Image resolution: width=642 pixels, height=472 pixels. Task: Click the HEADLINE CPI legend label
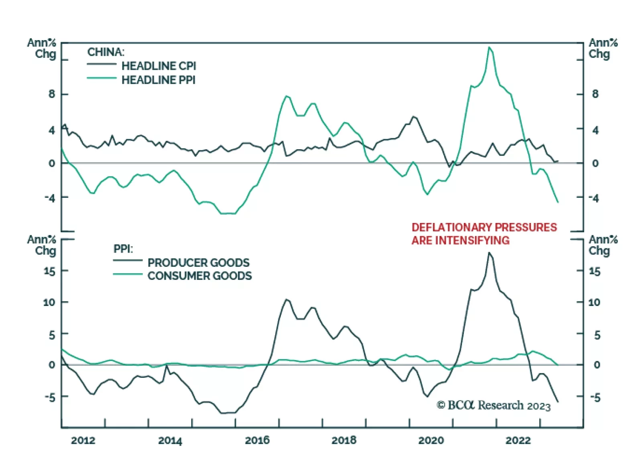point(158,66)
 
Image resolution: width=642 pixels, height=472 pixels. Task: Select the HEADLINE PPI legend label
point(158,80)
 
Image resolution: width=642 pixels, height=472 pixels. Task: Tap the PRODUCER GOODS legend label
point(199,263)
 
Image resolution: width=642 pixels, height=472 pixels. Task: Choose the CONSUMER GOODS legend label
point(200,276)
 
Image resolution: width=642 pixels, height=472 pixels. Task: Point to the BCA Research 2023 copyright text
point(494,405)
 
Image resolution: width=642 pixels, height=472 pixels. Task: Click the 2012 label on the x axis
point(83,441)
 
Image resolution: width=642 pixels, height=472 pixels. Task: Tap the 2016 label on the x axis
point(257,441)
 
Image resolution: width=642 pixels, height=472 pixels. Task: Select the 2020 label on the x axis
point(431,441)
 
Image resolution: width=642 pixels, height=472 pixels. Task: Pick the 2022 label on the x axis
point(518,441)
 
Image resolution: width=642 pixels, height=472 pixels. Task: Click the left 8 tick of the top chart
point(52,94)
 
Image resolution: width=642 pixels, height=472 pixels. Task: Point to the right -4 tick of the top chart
point(594,198)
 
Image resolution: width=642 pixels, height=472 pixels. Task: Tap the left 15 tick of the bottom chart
point(49,271)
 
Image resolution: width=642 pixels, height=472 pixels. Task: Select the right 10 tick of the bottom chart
point(594,302)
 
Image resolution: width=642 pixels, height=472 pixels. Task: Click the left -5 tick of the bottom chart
point(50,397)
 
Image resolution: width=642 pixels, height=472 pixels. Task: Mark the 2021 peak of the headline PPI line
point(489,47)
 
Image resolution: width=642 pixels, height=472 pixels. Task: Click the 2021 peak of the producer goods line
point(489,253)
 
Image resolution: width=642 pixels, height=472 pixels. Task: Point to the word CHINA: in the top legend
point(106,52)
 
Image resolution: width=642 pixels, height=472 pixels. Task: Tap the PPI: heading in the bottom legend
point(123,249)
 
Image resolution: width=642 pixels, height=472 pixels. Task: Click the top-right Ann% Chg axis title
point(603,48)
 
